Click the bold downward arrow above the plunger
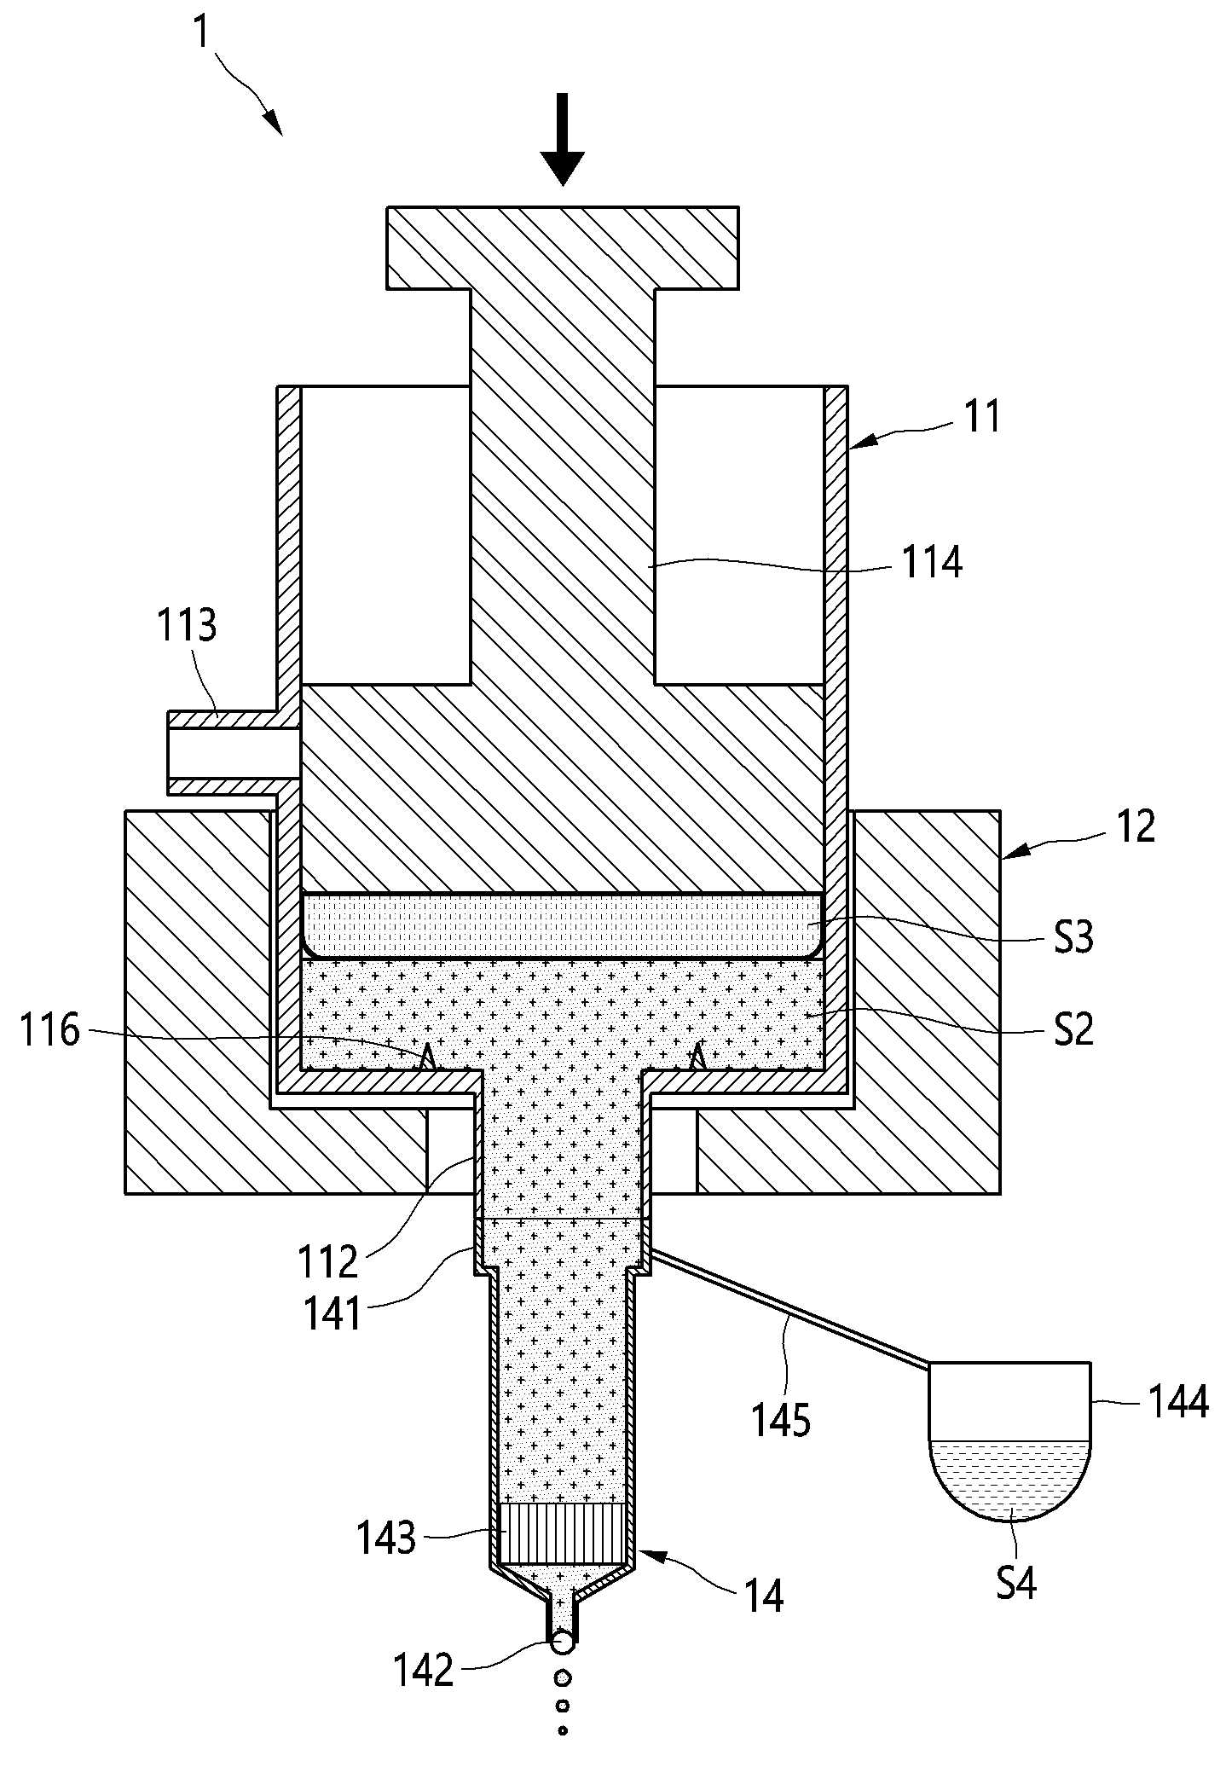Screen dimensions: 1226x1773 563,140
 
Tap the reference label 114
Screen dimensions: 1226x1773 932,563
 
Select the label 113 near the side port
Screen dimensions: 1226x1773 186,625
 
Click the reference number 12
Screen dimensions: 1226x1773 1134,826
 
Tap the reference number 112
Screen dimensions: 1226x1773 327,1261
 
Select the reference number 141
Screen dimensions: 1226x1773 333,1314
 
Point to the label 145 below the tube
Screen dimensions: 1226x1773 781,1421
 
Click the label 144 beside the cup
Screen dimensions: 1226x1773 1177,1401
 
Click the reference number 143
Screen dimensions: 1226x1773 385,1539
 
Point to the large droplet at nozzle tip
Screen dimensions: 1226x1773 562,1642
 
